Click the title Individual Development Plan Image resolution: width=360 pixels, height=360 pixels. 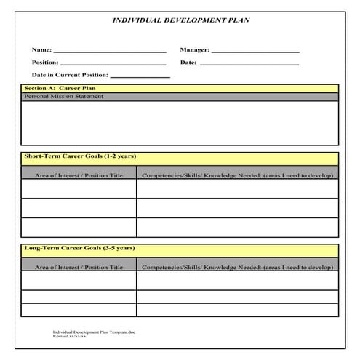coord(180,20)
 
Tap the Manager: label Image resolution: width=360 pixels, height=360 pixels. coord(194,50)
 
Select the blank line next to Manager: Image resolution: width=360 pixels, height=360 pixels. coord(255,52)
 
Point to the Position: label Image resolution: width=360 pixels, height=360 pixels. coord(45,63)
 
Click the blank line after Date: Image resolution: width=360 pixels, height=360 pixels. coord(249,64)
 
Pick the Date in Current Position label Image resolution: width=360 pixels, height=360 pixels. coord(70,75)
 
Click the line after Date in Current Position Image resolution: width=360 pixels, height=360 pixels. coord(140,76)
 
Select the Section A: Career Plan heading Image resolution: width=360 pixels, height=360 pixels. coord(60,88)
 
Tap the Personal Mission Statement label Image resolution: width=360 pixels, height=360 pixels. coord(64,97)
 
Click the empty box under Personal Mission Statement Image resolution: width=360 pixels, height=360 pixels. coord(180,122)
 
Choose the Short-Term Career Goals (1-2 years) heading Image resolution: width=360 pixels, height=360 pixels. coord(80,156)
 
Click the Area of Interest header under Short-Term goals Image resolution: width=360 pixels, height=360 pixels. coord(79,175)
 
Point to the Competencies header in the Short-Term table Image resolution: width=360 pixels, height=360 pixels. coord(237,175)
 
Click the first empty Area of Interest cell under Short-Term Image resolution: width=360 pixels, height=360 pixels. coord(79,188)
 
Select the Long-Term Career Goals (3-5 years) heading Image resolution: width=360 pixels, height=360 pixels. coord(79,249)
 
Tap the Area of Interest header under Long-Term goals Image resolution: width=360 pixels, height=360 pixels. coord(79,268)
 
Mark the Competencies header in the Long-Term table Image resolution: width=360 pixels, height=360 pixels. coord(237,268)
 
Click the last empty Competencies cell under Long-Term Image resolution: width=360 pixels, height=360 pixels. coord(237,310)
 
